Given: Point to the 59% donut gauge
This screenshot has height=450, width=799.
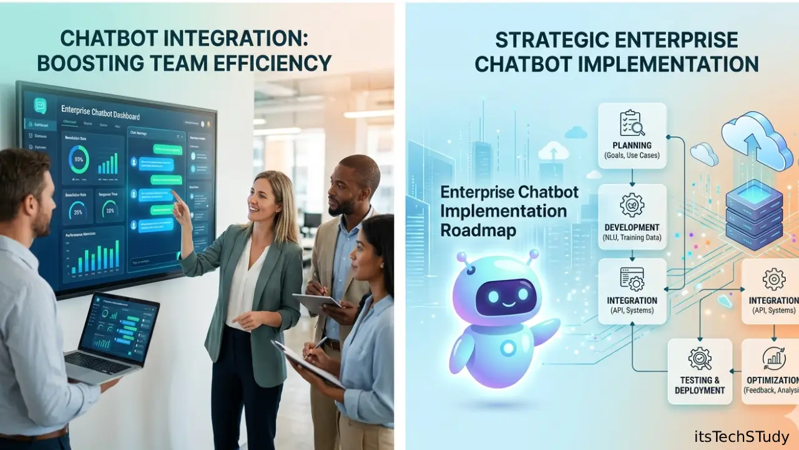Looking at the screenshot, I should coord(78,160).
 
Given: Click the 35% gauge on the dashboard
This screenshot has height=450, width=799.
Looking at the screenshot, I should coord(77,211).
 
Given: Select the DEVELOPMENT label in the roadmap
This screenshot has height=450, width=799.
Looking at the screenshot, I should coord(632,227).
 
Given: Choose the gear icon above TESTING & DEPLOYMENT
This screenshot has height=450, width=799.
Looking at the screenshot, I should coord(699,358).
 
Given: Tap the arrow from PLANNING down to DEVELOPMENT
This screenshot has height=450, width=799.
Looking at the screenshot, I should coord(632,177).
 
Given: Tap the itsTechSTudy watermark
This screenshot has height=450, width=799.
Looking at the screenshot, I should coord(742,436).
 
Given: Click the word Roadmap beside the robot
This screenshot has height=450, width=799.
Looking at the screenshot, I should coord(478,229).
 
